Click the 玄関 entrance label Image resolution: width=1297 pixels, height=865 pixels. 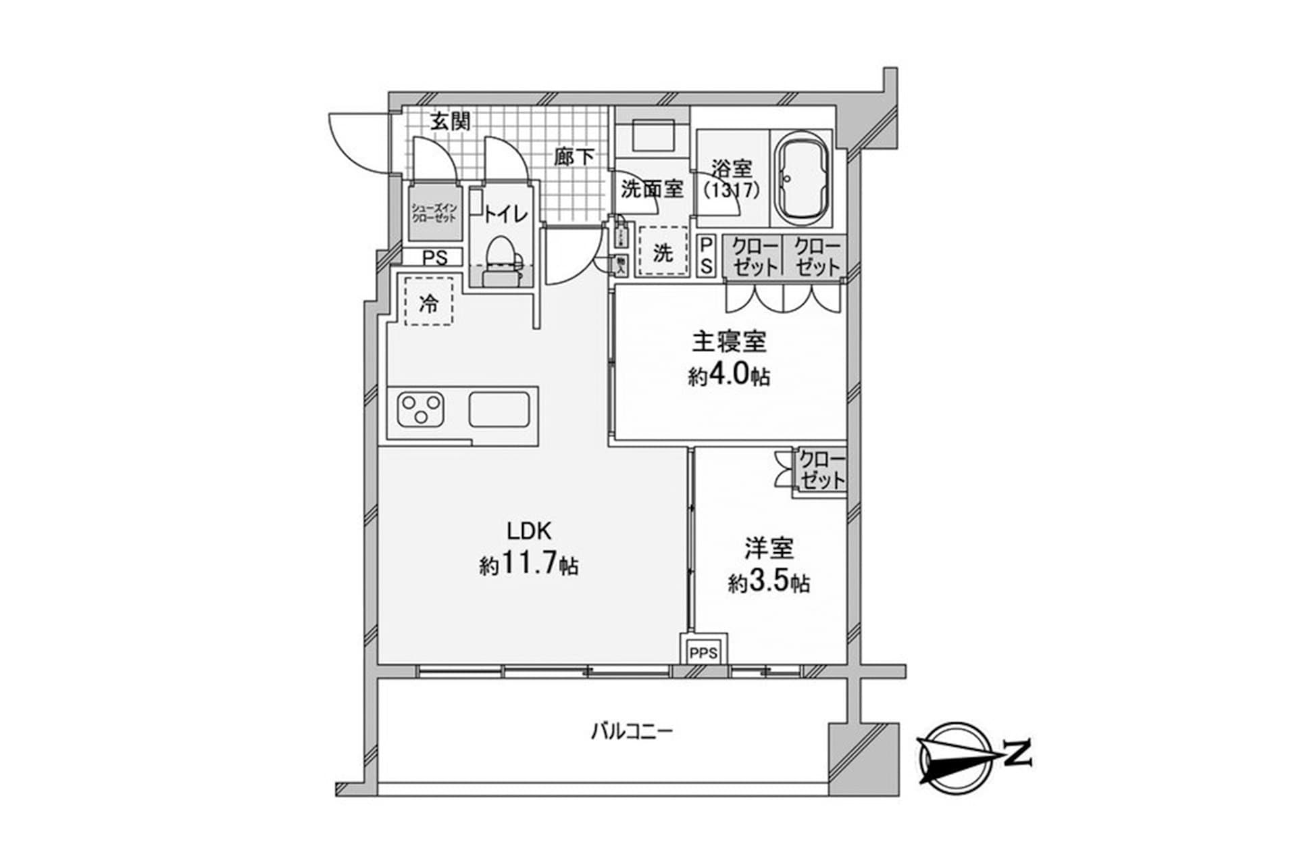tap(450, 122)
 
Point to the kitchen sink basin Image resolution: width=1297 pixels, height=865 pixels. tap(499, 410)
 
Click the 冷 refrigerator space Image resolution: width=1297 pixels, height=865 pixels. tap(428, 303)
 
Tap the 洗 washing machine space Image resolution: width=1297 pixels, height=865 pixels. tap(663, 253)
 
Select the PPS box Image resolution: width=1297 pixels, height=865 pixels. tap(704, 653)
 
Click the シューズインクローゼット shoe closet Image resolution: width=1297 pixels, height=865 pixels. tap(435, 212)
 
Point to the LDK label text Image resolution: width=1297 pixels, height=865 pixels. tap(530, 532)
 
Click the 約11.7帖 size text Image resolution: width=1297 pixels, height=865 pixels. tap(529, 565)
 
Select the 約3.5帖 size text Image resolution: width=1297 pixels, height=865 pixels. tap(769, 582)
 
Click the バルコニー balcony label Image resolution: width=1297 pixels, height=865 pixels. tap(632, 732)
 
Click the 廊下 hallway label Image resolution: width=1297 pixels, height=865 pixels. tap(574, 157)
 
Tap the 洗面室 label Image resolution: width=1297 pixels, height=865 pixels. tap(652, 189)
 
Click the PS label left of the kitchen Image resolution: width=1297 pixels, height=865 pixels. tap(435, 257)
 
